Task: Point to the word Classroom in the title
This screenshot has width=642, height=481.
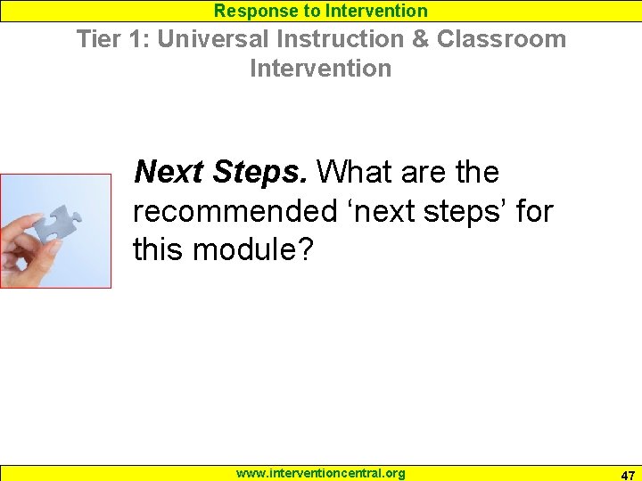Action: (501, 39)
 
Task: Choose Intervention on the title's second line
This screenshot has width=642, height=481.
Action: (320, 68)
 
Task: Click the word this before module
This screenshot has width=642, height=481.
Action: (159, 250)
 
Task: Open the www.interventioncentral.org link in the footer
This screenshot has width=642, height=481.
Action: (320, 473)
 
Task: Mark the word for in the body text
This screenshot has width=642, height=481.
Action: (535, 211)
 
